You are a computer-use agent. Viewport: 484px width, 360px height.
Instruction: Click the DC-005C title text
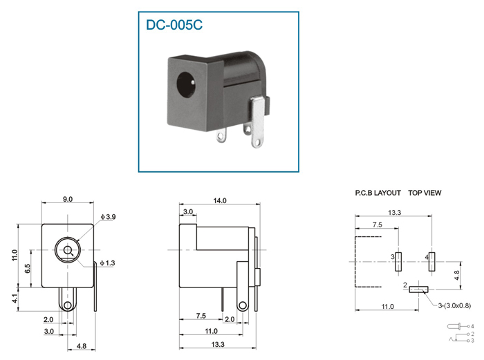[174, 25]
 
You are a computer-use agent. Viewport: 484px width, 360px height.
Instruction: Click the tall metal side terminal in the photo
[259, 122]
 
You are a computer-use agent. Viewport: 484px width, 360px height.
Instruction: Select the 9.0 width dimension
[68, 199]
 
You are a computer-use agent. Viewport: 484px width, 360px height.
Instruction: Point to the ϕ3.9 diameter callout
[108, 217]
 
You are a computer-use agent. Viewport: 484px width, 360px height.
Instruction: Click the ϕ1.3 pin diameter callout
[107, 263]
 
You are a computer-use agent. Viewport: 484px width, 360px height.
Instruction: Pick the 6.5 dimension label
[27, 268]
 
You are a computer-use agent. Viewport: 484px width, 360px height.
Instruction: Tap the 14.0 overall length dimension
[220, 201]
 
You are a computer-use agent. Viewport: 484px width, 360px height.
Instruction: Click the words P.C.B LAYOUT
[378, 193]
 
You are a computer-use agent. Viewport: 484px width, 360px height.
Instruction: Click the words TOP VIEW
[425, 193]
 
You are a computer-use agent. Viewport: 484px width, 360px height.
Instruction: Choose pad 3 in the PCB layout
[398, 262]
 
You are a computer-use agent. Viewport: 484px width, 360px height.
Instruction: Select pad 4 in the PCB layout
[432, 262]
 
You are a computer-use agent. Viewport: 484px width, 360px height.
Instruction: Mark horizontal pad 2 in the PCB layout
[418, 290]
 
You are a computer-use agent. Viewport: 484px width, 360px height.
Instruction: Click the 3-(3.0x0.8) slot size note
[454, 305]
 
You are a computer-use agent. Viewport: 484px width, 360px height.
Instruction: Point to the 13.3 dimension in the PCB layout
[395, 213]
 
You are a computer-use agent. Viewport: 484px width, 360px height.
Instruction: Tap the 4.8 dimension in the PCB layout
[457, 275]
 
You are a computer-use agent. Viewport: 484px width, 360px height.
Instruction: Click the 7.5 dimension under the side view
[201, 316]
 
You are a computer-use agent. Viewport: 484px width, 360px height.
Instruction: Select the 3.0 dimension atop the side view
[188, 212]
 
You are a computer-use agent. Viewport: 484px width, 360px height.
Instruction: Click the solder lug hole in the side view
[243, 305]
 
